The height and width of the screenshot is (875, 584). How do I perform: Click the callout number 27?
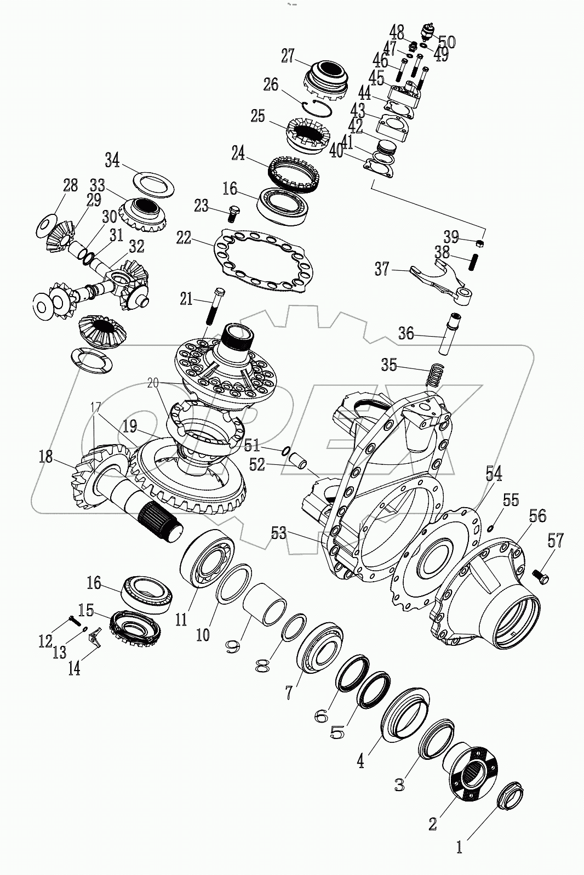[288, 56]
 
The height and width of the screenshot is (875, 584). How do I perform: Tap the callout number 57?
[555, 542]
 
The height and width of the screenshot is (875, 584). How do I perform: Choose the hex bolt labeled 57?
[540, 576]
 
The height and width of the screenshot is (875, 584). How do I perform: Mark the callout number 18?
[45, 457]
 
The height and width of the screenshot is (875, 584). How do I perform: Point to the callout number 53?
[279, 532]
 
